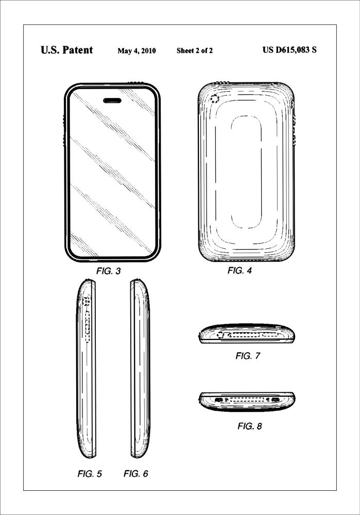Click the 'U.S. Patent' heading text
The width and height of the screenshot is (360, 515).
tap(66, 50)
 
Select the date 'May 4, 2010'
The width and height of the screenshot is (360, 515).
tap(136, 51)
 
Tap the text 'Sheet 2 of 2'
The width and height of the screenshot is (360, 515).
tap(195, 51)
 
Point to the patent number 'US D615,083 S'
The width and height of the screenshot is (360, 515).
tap(289, 50)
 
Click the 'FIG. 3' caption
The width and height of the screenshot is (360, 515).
tap(108, 271)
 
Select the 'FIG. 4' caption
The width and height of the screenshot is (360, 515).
tap(239, 270)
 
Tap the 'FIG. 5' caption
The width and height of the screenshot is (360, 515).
tap(89, 474)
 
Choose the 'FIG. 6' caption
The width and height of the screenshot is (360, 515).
tap(136, 474)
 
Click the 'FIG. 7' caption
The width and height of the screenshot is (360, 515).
tap(248, 356)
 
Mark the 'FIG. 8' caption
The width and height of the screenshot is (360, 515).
tap(250, 426)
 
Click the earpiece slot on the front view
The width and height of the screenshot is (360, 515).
tap(111, 100)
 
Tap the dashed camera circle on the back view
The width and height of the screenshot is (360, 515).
tap(214, 99)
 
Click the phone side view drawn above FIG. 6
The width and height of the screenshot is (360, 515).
tap(140, 368)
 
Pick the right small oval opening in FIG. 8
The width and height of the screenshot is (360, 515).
tap(275, 400)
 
